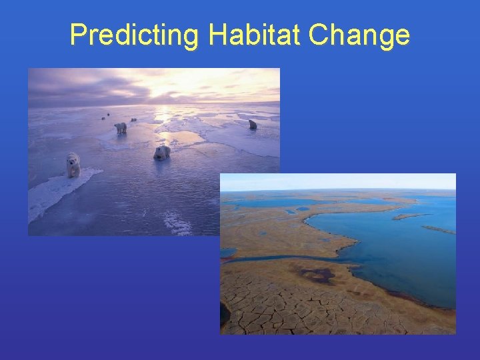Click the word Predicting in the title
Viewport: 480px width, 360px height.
(133, 35)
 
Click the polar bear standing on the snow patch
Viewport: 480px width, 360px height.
(73, 165)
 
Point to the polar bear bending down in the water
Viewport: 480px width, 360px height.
(162, 153)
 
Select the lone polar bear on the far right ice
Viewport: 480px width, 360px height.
(253, 125)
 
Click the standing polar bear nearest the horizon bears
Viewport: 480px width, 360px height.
(120, 127)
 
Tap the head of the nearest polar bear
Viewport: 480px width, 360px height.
(71, 159)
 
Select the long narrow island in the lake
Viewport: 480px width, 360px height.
(409, 216)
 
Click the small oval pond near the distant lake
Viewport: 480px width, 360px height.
(303, 209)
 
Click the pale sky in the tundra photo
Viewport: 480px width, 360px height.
(333, 181)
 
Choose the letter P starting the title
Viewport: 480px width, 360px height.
(78, 35)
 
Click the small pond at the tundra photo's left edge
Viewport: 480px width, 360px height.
(227, 253)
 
